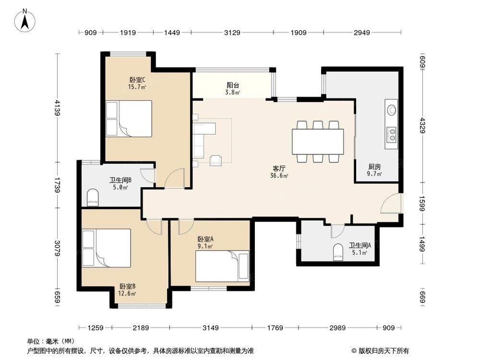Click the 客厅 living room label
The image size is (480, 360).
279,168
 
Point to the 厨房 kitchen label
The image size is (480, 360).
374,167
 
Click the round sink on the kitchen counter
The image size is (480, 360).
392,109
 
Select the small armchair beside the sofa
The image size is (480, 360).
216,160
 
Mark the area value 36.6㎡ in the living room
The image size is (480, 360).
279,176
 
